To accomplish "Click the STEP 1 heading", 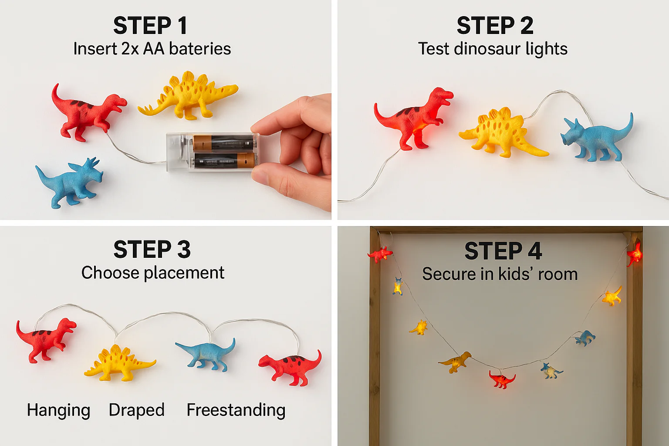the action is point(150,26).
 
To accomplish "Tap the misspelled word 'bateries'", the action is point(200,49).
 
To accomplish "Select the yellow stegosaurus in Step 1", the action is point(188,95).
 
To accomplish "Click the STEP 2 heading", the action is point(495,26).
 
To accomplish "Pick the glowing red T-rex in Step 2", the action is point(414,118).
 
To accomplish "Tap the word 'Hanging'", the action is point(58,410).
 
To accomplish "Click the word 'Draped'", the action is point(136,410).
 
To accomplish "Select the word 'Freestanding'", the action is point(236,410).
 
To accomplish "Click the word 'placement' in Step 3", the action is point(184,273).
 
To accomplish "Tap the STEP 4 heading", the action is point(503,251).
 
